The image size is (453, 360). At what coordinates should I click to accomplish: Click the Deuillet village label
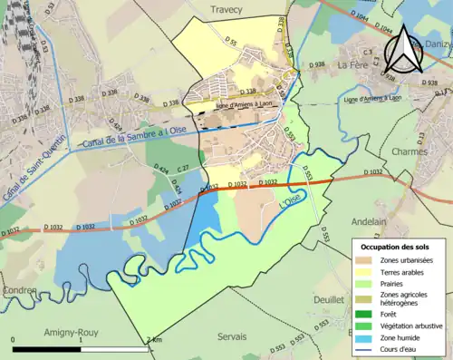(x=329, y=298)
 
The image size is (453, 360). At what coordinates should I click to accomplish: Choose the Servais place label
(x=232, y=336)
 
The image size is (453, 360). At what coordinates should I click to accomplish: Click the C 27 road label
(x=182, y=169)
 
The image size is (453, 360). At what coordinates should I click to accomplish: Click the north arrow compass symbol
(x=402, y=51)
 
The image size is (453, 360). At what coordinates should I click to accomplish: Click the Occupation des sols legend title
(x=395, y=247)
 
